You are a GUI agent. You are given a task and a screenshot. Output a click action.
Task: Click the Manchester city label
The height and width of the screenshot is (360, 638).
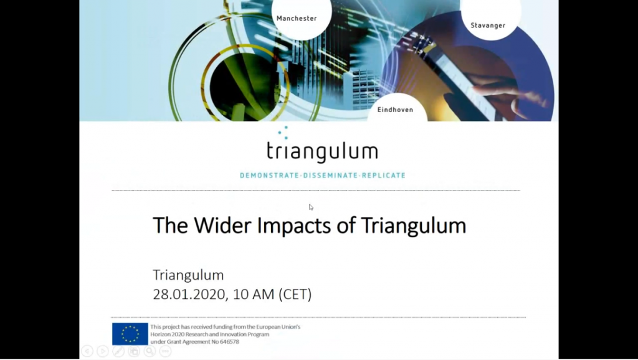(x=297, y=18)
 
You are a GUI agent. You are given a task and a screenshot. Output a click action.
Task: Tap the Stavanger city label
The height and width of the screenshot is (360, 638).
(x=488, y=25)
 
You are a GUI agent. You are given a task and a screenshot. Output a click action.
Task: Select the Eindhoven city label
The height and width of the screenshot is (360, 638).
(x=395, y=110)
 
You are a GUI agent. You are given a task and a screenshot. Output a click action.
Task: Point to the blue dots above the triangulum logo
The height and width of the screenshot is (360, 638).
(x=283, y=133)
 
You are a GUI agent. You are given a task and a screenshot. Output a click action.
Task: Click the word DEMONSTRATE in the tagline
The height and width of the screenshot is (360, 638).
(x=269, y=175)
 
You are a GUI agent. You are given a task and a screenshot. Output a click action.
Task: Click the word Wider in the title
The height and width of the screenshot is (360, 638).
(x=222, y=225)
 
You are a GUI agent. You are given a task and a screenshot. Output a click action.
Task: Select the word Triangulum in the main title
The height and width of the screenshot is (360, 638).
(x=414, y=226)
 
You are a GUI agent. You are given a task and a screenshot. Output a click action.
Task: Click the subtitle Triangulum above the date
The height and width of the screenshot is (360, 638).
(x=188, y=275)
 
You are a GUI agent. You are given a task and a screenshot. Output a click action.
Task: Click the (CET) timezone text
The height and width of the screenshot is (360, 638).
(x=295, y=294)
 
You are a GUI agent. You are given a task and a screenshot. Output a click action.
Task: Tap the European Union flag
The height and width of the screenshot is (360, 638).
(x=130, y=334)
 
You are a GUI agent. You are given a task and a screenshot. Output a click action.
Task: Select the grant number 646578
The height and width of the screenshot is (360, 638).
(x=229, y=342)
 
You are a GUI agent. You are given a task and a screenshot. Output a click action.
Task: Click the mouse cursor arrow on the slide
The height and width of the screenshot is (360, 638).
(x=311, y=207)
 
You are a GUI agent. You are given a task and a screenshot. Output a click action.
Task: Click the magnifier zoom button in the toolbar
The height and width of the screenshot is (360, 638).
(x=150, y=351)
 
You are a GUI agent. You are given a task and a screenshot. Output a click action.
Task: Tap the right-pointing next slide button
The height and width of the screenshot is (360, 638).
(x=103, y=351)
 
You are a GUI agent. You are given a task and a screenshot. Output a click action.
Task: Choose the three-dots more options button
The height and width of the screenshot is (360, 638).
(x=165, y=351)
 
